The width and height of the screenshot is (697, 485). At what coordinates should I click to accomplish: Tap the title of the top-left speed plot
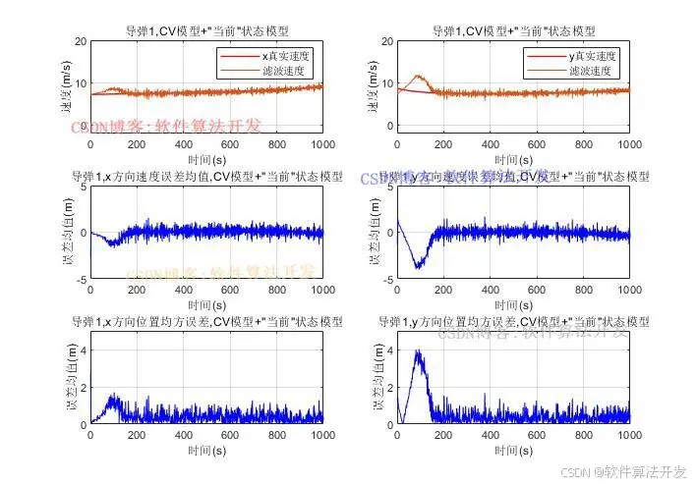click(205, 31)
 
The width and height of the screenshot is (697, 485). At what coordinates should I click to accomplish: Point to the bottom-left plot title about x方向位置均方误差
click(206, 321)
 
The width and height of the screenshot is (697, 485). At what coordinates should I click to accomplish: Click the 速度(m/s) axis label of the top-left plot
click(67, 86)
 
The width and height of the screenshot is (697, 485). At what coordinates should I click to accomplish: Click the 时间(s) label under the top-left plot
click(205, 157)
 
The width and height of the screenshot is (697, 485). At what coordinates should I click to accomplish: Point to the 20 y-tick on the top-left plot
click(81, 41)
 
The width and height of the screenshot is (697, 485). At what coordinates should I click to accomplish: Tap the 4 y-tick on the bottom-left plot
click(84, 350)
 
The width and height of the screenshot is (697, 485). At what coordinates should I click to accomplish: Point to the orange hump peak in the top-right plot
click(420, 75)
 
